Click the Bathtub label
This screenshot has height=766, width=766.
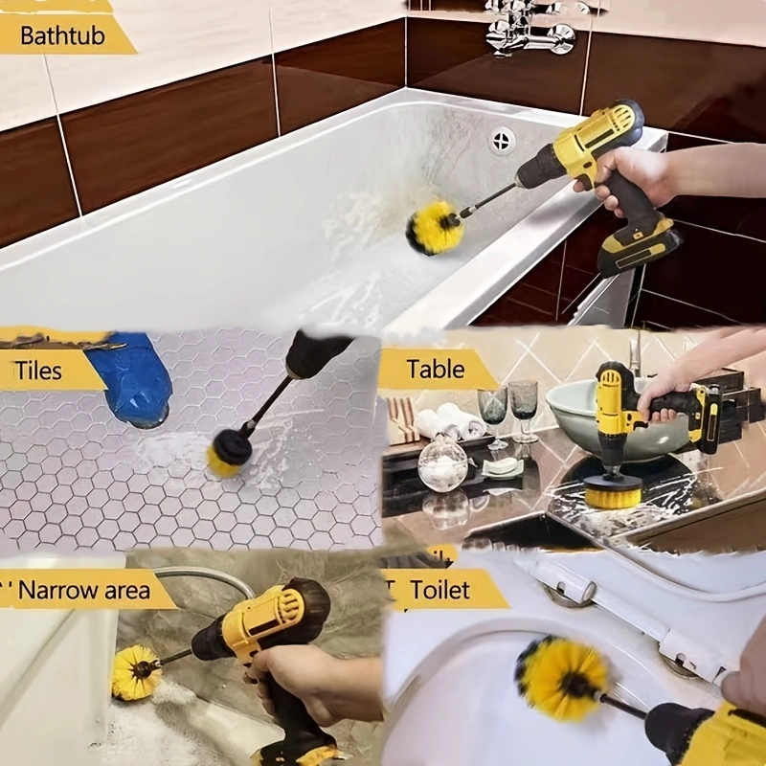[x=59, y=36]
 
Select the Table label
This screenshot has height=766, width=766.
[x=436, y=369]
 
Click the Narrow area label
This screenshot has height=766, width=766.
[x=83, y=590]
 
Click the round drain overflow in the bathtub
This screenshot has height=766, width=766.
[x=503, y=142]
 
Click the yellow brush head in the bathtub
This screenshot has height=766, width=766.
[x=435, y=228]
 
